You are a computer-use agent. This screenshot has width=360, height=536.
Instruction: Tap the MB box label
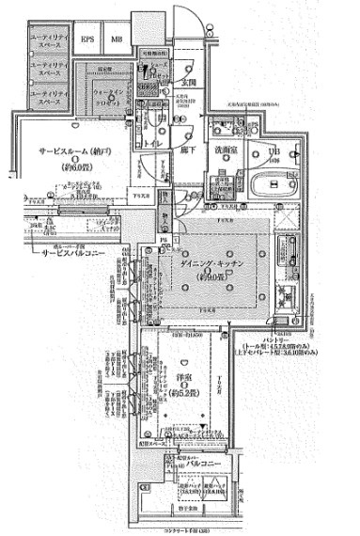tap(117, 39)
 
